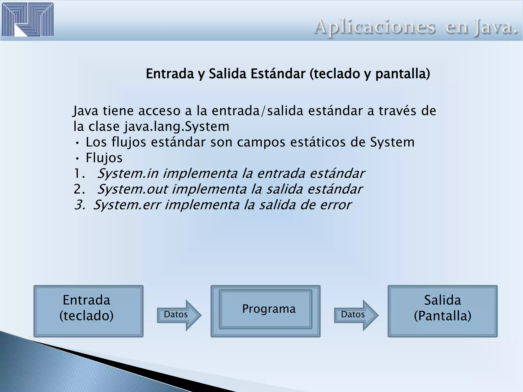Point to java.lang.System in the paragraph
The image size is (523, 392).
177,127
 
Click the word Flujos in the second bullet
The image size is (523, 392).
104,158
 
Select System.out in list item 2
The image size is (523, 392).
133,189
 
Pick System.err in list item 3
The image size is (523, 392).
127,205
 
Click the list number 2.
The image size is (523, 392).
78,189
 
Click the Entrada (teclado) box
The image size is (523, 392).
88,311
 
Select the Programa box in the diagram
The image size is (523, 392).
266,309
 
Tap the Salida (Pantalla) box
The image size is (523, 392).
442,311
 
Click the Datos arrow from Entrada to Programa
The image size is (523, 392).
179,315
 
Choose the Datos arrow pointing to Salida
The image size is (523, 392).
356,315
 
